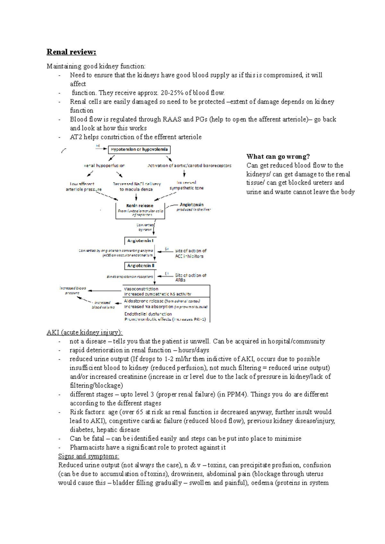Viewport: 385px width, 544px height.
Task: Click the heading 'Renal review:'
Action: [71, 52]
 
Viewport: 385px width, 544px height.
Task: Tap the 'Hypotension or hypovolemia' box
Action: [139, 149]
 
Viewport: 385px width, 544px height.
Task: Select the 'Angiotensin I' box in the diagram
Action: [140, 241]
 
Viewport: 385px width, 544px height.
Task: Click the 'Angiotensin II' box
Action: [141, 266]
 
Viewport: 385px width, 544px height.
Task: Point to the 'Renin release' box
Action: [140, 210]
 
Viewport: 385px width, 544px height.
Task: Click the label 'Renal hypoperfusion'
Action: [104, 166]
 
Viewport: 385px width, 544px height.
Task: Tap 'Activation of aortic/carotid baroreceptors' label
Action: [189, 166]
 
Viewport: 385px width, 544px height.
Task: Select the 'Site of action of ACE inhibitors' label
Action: [191, 253]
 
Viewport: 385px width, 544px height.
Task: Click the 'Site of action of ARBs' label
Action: [191, 277]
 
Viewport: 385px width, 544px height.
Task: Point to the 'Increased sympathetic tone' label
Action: [186, 185]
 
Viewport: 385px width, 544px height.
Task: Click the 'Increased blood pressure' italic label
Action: [73, 290]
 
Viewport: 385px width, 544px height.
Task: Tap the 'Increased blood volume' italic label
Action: [103, 305]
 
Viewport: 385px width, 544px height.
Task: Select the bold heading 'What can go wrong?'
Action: [278, 157]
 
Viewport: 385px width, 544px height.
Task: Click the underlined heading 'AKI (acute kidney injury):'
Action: [85, 332]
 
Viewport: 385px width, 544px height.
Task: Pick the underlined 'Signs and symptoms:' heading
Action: [89, 456]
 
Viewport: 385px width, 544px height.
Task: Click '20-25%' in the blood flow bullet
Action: [172, 93]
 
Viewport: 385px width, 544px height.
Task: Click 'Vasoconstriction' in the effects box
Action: [141, 289]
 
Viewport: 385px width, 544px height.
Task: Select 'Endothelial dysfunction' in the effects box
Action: [148, 314]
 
